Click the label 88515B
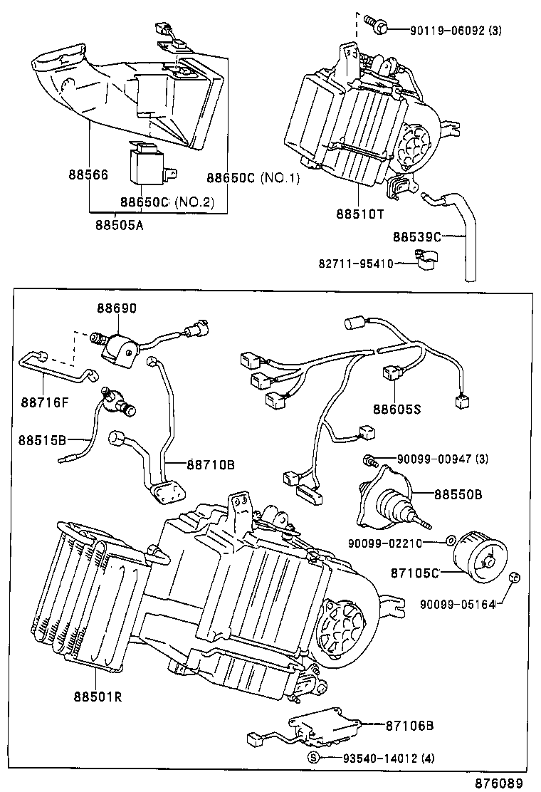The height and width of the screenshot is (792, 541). click(x=43, y=439)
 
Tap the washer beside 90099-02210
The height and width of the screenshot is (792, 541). click(x=451, y=542)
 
